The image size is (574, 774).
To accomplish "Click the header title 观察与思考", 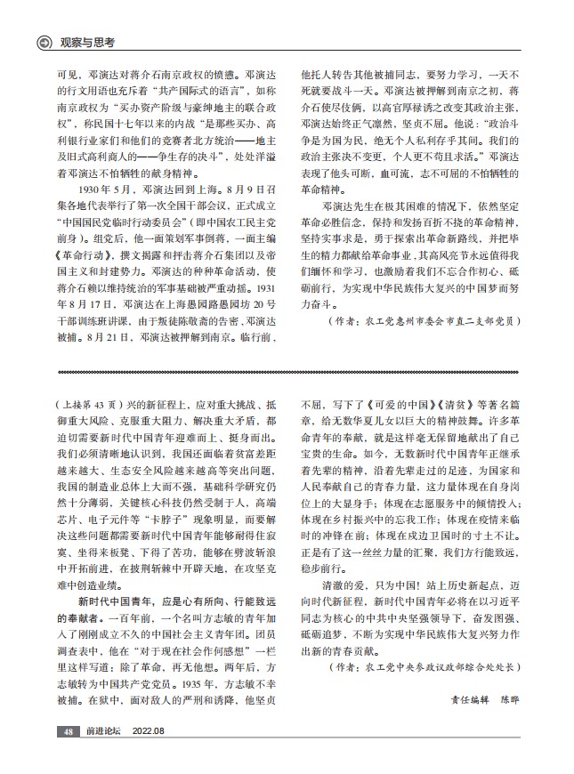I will tap(88, 43).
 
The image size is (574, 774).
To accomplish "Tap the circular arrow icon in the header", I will tap(42, 43).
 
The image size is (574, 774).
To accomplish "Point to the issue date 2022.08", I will tap(149, 731).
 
